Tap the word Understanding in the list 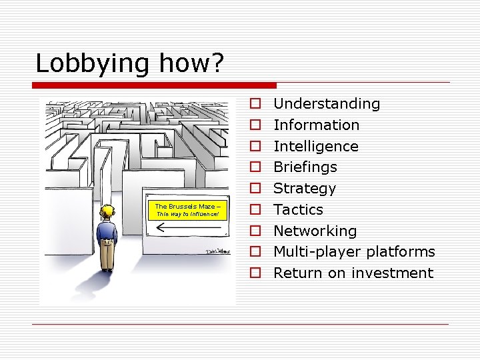point(327,104)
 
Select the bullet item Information point(316,125)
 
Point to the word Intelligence point(315,147)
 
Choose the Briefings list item point(305,167)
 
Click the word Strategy point(305,189)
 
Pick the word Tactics point(298,210)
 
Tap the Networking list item point(315,231)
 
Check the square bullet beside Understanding point(255,104)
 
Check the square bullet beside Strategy point(255,189)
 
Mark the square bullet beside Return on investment point(255,273)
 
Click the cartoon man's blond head point(107,212)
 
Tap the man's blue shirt point(107,231)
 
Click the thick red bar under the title point(154,85)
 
